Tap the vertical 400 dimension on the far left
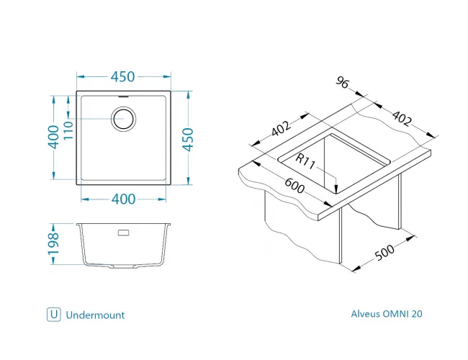[x=53, y=137]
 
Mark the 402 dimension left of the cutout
[x=281, y=130]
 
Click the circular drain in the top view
[x=123, y=118]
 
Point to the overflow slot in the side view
[x=123, y=233]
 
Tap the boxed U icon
[x=53, y=315]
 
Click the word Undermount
[x=95, y=315]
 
